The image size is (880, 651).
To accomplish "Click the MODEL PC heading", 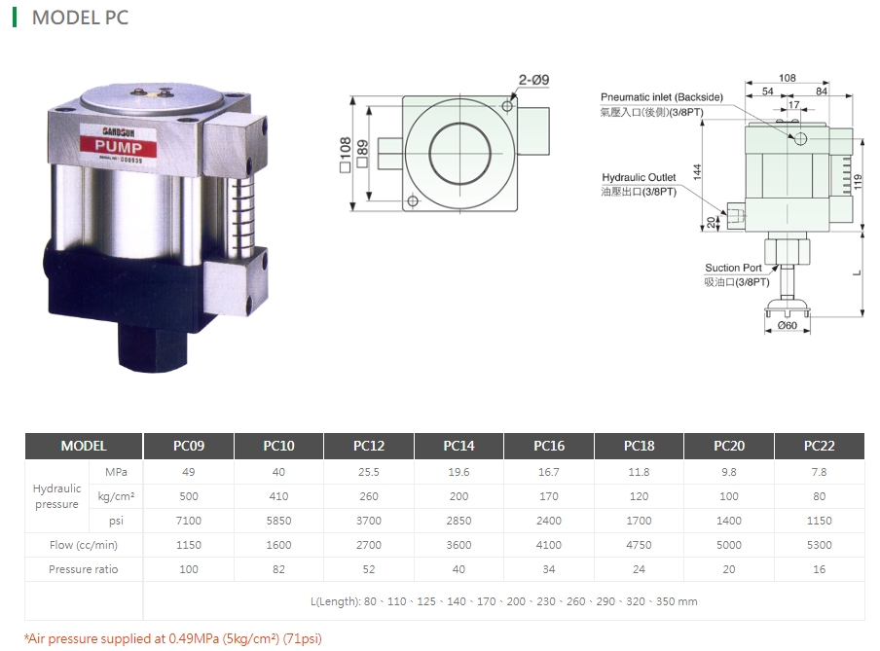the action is coord(80,18).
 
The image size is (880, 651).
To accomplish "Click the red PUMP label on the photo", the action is coord(119,147).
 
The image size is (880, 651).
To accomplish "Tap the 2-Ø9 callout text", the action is coord(533,80).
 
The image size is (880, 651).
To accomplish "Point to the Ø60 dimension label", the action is coord(787,325).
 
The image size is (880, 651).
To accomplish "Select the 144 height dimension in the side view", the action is coord(697,171).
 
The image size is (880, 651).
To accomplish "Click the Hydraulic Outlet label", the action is coord(639,177).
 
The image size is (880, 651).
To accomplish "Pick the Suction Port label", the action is coord(733,268).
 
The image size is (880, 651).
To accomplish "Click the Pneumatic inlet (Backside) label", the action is coord(662,97).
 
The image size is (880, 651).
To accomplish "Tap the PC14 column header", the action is coord(458,446).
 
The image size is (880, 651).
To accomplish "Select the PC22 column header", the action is coord(819,446).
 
